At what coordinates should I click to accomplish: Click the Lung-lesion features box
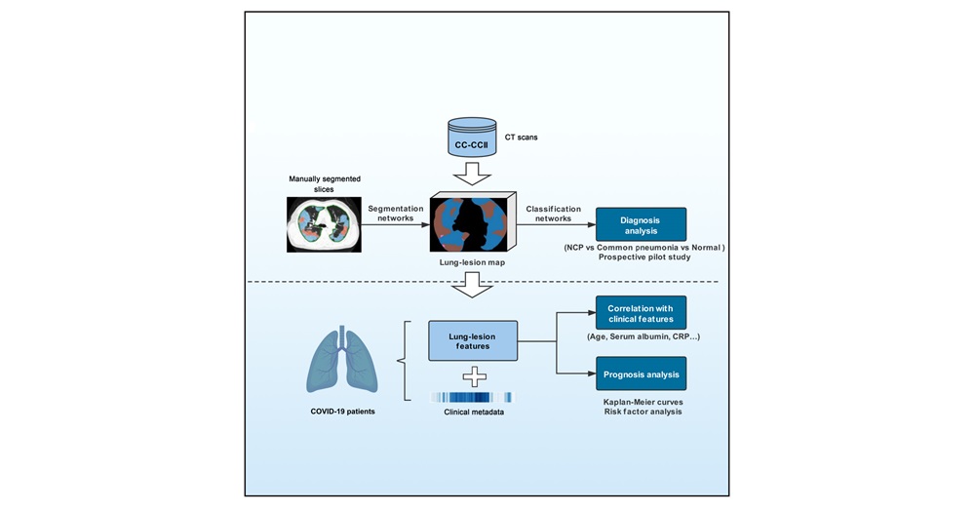[x=472, y=341]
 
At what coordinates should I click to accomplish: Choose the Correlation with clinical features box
[x=641, y=312]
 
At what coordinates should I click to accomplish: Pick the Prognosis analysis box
[x=641, y=374]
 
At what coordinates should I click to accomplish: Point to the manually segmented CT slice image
[x=323, y=224]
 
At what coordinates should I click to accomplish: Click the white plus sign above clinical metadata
[x=473, y=377]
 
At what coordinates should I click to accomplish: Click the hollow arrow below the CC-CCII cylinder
[x=472, y=172]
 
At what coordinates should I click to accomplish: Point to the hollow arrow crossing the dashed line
[x=472, y=283]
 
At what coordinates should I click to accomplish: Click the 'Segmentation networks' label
[x=396, y=214]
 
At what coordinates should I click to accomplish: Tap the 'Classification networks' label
[x=554, y=214]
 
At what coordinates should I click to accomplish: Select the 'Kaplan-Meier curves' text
[x=641, y=401]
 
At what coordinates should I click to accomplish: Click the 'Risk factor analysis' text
[x=641, y=413]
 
